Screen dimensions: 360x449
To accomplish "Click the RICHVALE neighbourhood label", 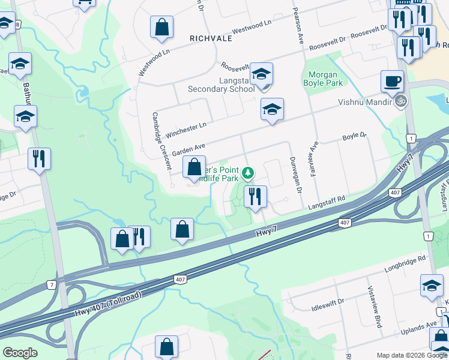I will pyautogui.click(x=211, y=37).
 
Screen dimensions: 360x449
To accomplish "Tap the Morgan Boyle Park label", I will pyautogui.click(x=325, y=79).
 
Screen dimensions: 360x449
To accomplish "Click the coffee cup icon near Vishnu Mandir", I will pyautogui.click(x=392, y=80).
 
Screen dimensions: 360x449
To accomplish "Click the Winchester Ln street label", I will pyautogui.click(x=186, y=128).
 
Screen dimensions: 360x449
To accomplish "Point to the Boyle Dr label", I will pyautogui.click(x=354, y=137).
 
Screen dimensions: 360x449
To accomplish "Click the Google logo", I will pyautogui.click(x=20, y=353).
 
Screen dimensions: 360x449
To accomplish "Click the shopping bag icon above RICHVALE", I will pyautogui.click(x=161, y=27).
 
